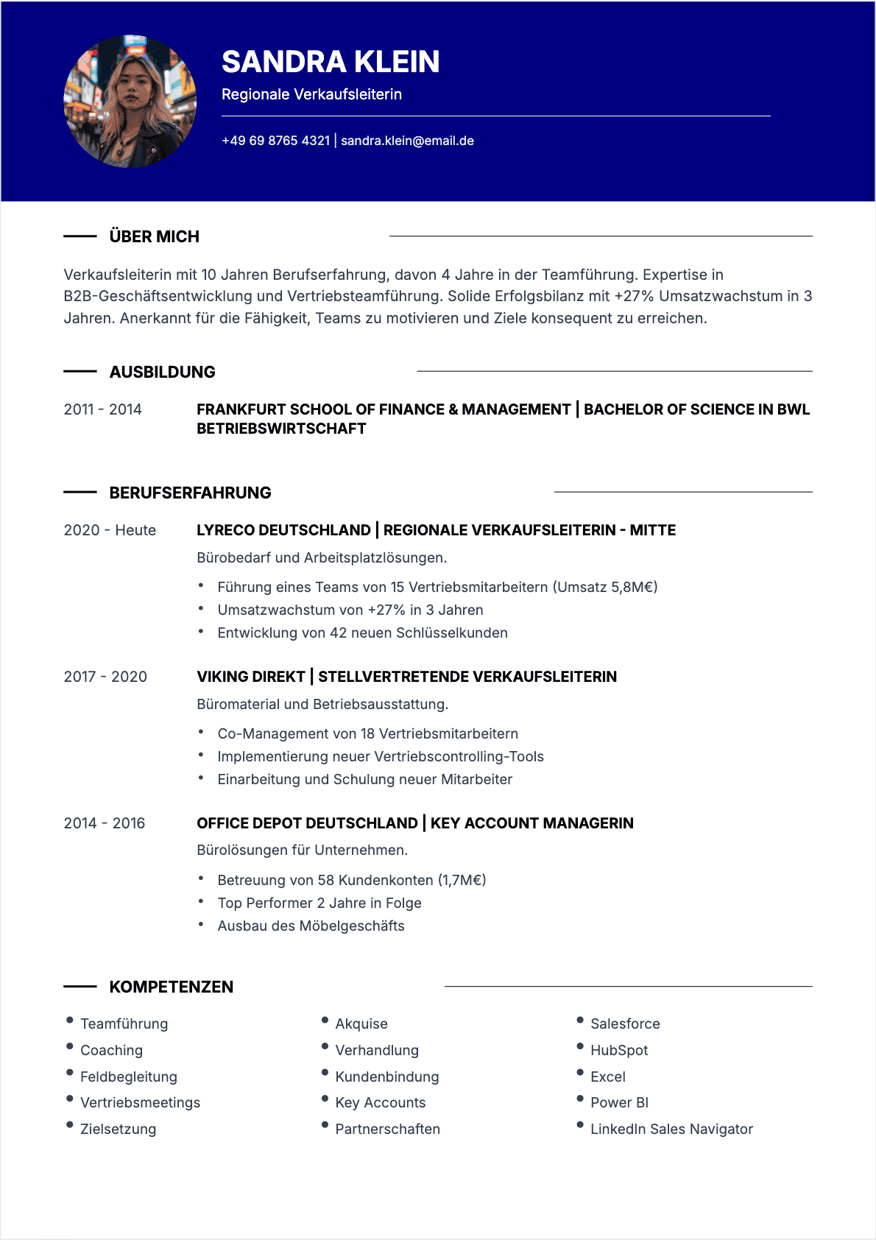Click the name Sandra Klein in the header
coord(331,62)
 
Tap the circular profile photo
coord(130,102)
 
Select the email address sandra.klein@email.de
coord(407,141)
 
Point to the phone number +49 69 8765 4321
coord(276,141)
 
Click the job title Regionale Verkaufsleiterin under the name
coord(311,94)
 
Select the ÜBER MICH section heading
coord(154,236)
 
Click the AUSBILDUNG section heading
coord(162,372)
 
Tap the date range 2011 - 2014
coord(102,409)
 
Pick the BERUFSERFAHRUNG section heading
coord(190,493)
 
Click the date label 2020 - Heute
coord(110,530)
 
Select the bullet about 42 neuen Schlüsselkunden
coord(362,633)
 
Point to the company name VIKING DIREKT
coord(250,677)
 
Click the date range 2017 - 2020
coord(105,677)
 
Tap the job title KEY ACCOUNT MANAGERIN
coord(531,823)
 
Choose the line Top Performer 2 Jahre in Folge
coord(319,903)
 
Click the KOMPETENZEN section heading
coord(171,987)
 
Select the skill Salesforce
coord(625,1024)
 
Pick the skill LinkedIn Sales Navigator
coord(671,1129)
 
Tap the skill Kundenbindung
coord(386,1077)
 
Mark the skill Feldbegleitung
coord(128,1077)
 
